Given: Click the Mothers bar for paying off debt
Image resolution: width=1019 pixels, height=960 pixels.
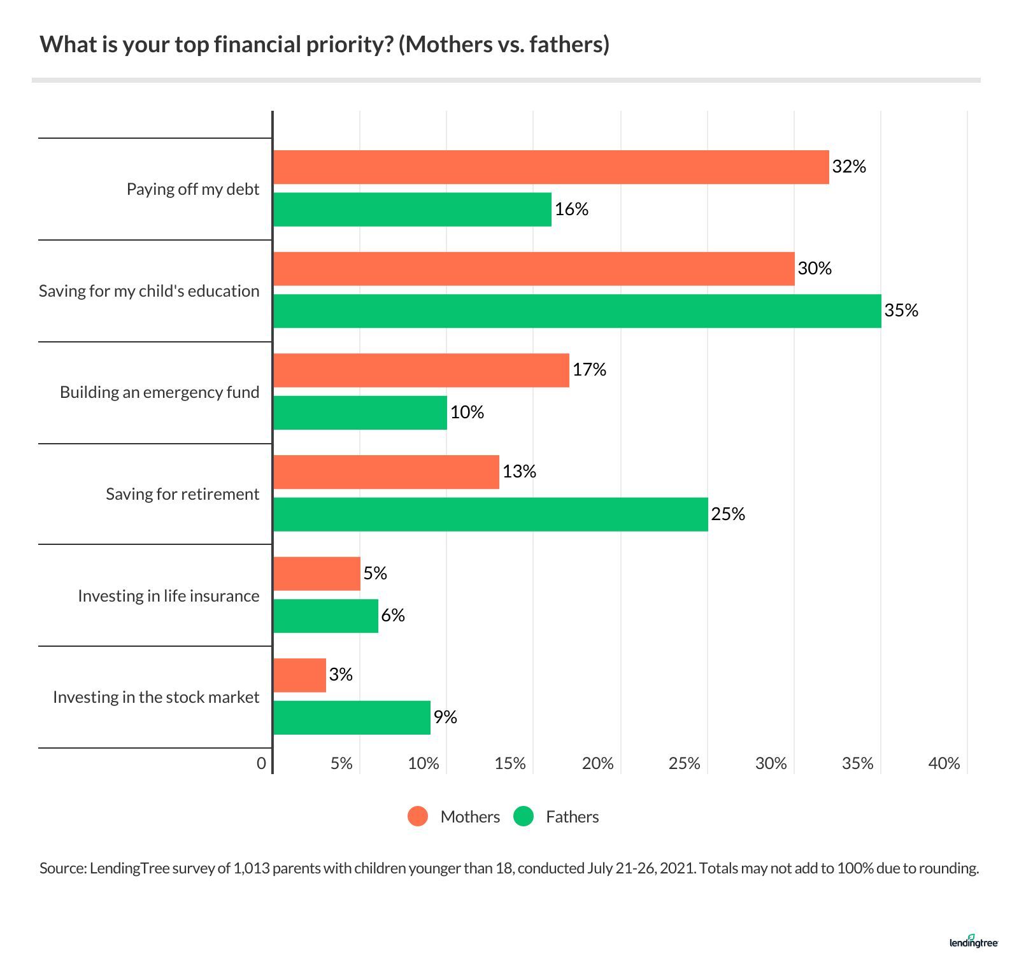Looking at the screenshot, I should point(551,167).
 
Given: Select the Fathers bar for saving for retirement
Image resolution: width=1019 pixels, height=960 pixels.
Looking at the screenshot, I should point(490,514).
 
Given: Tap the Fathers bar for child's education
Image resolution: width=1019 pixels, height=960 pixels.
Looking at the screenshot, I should point(577,311).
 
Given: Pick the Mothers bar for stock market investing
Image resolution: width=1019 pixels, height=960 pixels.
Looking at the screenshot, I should point(299,675).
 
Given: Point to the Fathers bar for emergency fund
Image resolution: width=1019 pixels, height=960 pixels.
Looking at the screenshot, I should point(360,413).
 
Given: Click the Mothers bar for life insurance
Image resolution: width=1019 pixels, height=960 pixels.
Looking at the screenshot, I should point(317,574).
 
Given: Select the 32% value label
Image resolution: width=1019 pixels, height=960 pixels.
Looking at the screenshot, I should point(849,167).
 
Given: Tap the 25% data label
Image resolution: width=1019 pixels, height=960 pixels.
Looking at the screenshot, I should point(728,514).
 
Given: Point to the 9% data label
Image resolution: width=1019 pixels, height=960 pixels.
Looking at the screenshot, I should point(445,717).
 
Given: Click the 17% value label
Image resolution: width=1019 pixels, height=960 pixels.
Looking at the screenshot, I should point(589,370).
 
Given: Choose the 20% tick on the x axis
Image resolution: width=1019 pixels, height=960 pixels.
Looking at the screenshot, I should point(597,763).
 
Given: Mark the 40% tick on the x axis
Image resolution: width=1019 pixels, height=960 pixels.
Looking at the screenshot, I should point(944,763).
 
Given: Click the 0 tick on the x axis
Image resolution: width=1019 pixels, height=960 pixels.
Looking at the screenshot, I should point(261,763).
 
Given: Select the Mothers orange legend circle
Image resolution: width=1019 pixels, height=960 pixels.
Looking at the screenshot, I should point(418,817).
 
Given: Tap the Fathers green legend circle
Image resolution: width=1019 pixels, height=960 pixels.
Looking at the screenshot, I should point(523,817).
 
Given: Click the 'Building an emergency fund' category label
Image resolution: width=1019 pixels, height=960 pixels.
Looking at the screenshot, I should point(159,392).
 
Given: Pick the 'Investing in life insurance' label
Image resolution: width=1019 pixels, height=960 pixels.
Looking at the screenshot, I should point(168,596).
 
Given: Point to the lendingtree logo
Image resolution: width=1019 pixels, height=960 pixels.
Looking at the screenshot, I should point(973,942).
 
